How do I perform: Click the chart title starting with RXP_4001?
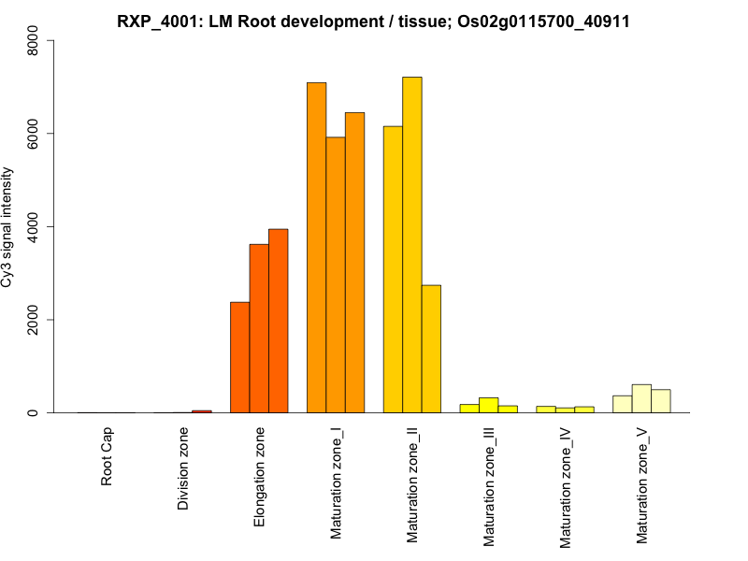pyautogui.click(x=373, y=21)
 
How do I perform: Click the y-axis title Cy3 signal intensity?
pyautogui.click(x=8, y=227)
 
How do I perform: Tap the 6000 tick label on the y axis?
pyautogui.click(x=35, y=134)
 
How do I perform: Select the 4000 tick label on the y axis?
pyautogui.click(x=35, y=227)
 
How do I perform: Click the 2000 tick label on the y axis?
pyautogui.click(x=35, y=320)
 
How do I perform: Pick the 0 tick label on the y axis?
pyautogui.click(x=35, y=412)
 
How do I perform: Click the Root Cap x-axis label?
pyautogui.click(x=108, y=457)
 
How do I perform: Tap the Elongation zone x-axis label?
pyautogui.click(x=260, y=477)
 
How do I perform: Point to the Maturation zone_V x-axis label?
pyautogui.click(x=642, y=485)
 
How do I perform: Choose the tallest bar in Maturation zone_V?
pyautogui.click(x=641, y=398)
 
